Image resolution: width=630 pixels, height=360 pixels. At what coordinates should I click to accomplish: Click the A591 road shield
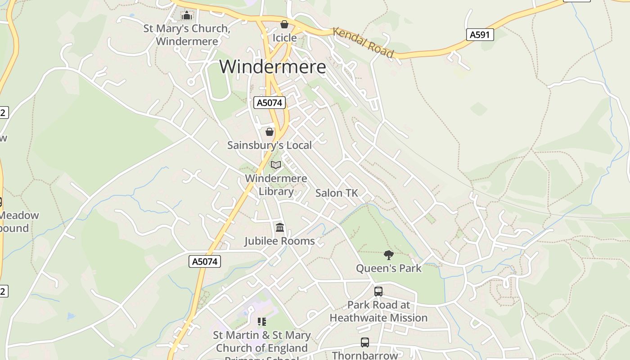(480, 35)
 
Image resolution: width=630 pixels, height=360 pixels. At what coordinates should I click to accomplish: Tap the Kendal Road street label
(363, 42)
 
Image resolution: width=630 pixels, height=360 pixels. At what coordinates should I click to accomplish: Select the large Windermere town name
(273, 67)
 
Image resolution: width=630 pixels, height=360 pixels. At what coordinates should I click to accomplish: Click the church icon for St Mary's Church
(186, 16)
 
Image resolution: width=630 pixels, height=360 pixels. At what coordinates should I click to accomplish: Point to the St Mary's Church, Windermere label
(187, 35)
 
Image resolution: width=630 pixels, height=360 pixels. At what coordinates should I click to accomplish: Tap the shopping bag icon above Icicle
(284, 24)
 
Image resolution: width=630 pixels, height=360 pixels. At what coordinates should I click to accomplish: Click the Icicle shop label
(284, 38)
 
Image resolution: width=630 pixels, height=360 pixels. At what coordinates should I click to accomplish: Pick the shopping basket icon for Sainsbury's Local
(270, 132)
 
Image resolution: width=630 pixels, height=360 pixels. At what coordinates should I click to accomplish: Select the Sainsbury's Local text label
(270, 145)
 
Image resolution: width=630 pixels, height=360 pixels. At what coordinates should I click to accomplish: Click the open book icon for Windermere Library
(276, 165)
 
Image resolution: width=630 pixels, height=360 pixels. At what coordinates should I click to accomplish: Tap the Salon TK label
(337, 193)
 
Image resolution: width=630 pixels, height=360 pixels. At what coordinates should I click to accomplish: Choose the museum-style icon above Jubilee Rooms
(280, 228)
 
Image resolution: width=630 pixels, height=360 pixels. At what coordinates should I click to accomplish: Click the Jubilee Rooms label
(279, 241)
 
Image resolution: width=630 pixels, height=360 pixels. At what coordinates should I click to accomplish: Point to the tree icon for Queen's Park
(389, 255)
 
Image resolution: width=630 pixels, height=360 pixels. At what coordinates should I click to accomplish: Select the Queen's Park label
(389, 269)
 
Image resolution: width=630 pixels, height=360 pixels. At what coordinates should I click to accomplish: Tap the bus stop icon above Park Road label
(378, 292)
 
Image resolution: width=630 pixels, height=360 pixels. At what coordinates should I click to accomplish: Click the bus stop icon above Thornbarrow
(365, 342)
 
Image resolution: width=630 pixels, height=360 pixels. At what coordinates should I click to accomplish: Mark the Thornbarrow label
(365, 355)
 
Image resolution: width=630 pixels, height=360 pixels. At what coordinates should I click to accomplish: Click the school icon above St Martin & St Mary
(262, 322)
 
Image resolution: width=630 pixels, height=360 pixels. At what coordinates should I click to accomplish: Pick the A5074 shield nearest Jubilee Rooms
(205, 261)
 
